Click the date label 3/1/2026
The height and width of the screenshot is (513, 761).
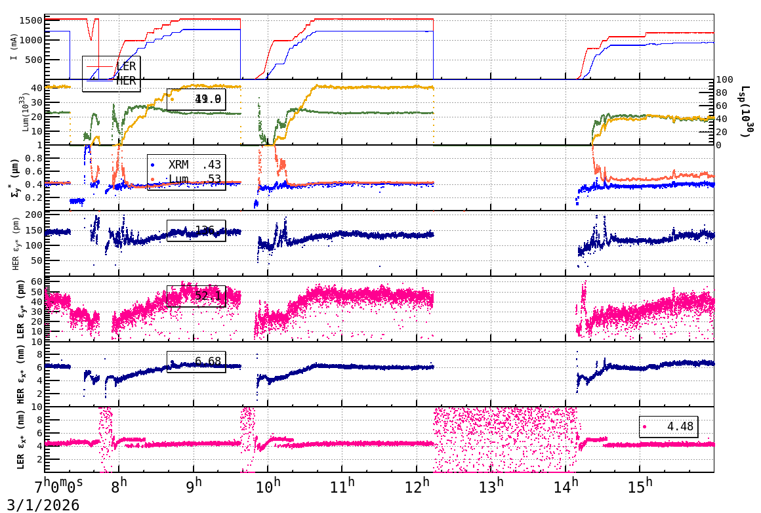40,505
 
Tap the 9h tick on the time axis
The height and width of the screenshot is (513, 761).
194,487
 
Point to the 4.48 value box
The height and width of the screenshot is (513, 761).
668,426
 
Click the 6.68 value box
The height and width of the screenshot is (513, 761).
197,361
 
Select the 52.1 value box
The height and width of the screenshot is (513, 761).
197,296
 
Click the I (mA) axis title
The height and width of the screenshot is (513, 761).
14,47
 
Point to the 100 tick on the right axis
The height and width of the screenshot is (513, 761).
726,79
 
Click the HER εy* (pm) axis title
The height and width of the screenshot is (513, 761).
15,243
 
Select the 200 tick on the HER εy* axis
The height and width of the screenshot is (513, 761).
33,215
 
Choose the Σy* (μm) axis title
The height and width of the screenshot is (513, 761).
14,178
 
